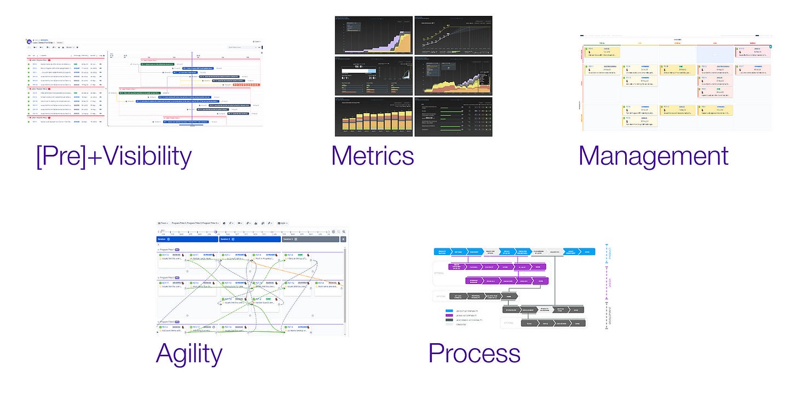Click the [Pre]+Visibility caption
[114, 157]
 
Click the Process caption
[474, 354]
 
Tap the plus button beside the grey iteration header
[343, 239]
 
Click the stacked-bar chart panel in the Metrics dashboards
[373, 117]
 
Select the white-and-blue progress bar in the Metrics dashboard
[357, 70]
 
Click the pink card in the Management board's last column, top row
[753, 53]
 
